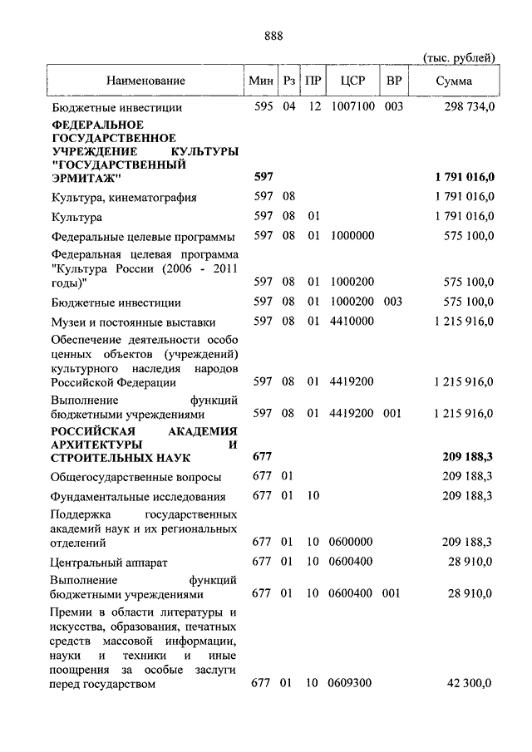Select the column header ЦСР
tap(352, 81)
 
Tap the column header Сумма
tap(454, 81)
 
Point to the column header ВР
tap(393, 81)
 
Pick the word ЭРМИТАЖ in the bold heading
tap(86, 178)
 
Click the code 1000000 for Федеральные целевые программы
tap(352, 236)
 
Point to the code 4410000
tap(352, 322)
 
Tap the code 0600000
tap(352, 543)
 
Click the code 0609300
tap(352, 684)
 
